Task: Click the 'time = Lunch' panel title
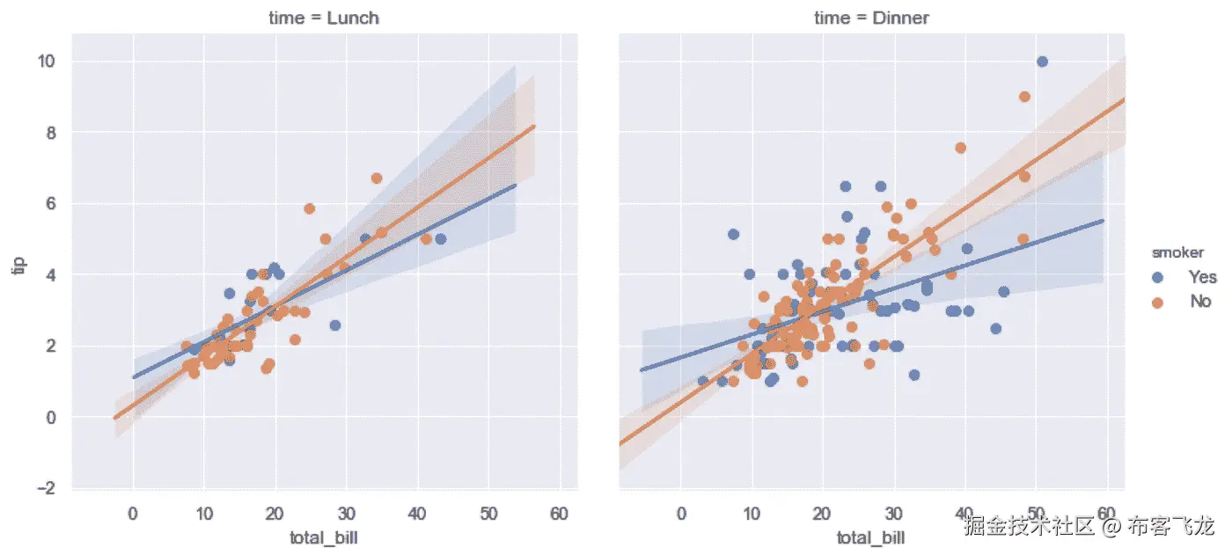[x=326, y=18]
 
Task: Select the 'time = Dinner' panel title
[x=872, y=18]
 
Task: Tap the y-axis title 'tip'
[x=18, y=265]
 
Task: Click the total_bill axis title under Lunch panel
[x=324, y=537]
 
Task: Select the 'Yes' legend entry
[x=1202, y=277]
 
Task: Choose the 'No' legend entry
[x=1200, y=302]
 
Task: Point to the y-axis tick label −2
[x=44, y=488]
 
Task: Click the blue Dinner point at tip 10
[x=1042, y=62]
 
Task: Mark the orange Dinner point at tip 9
[x=1024, y=97]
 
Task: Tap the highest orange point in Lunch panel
[x=377, y=179]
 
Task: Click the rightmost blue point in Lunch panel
[x=441, y=239]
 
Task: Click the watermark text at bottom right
[x=1089, y=528]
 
